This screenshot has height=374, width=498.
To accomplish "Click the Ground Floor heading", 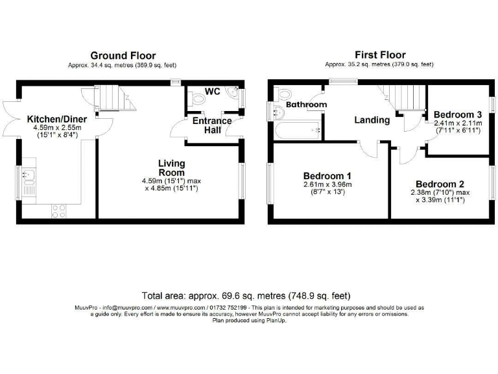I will (123, 56).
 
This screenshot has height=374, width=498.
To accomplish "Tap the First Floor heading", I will (379, 55).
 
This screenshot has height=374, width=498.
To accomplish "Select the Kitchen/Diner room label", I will (56, 119).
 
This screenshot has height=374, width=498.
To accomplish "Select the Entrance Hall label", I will (211, 125).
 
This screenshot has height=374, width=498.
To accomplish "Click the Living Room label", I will (172, 168).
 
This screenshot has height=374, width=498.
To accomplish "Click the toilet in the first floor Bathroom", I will (283, 95).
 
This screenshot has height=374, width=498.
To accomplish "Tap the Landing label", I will (372, 120).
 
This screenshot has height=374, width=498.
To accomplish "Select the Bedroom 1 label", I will (327, 175).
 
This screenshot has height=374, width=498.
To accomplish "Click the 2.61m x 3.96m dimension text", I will (327, 184).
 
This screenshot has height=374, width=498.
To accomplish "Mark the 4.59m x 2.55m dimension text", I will (56, 128).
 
